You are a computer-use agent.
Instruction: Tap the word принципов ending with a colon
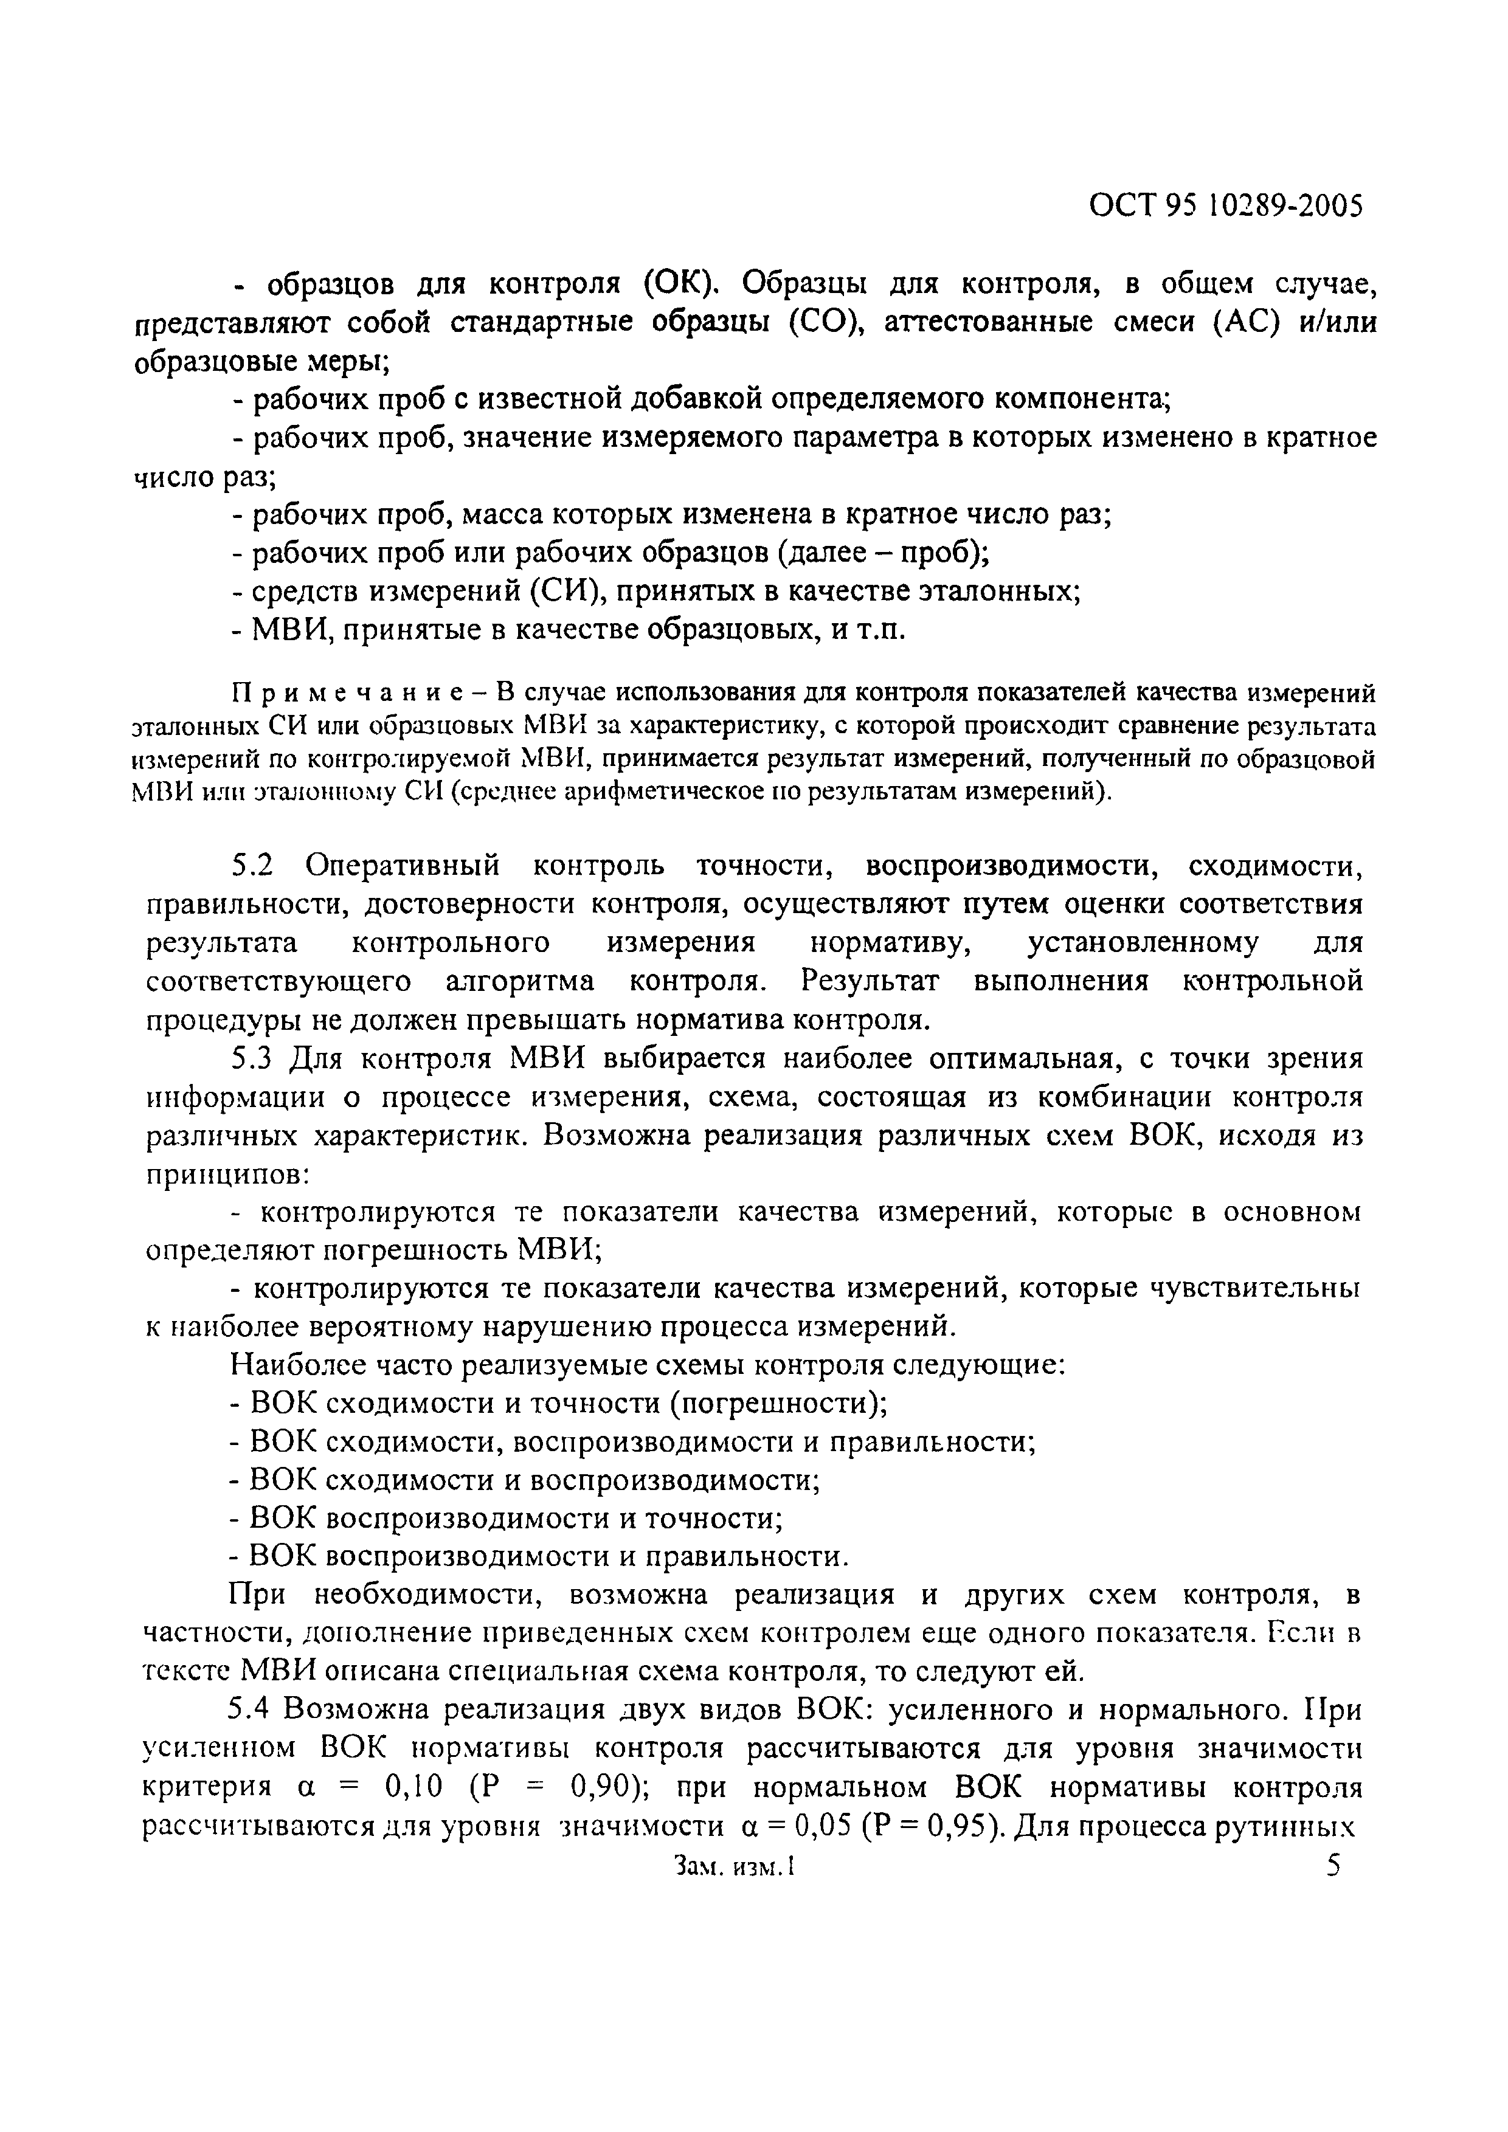[x=229, y=1176]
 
